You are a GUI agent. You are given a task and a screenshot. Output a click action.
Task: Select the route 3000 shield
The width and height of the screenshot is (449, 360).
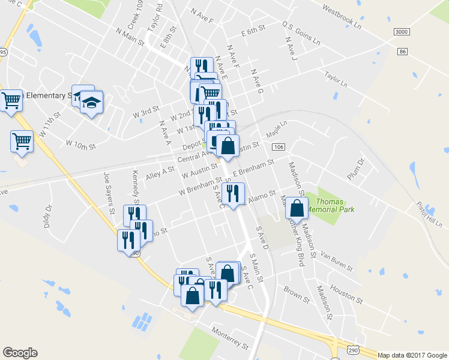pos(403,31)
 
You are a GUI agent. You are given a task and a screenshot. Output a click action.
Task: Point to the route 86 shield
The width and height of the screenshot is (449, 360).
pos(402,52)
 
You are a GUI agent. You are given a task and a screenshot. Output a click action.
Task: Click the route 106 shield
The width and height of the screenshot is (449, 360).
pos(277,147)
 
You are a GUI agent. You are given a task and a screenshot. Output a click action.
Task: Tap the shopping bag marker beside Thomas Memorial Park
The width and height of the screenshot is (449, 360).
pos(297,208)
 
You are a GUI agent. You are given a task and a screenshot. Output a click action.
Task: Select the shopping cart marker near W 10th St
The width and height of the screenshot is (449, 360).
pos(22,142)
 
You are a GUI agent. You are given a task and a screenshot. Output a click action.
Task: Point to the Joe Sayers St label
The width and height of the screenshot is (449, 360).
pos(109,194)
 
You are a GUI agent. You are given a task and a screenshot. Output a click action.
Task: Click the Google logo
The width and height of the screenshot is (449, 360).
pos(20,353)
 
